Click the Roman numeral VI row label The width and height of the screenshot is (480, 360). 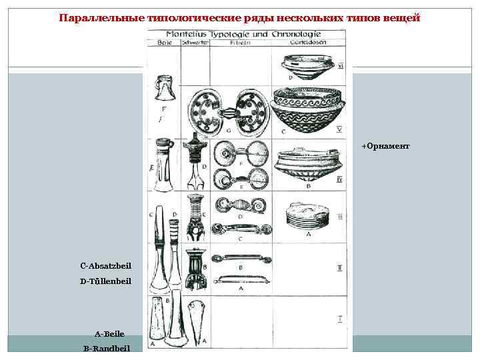(341, 67)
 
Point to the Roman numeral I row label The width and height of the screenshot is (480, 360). (340, 320)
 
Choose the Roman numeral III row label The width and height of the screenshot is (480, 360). (339, 217)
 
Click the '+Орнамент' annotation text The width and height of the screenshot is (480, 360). (385, 145)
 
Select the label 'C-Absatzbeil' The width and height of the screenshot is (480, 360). (107, 265)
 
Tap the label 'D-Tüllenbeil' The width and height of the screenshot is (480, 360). (106, 281)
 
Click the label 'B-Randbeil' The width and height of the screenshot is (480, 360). (107, 348)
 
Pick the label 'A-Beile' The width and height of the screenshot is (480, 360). (109, 333)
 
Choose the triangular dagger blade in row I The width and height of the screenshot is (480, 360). (199, 320)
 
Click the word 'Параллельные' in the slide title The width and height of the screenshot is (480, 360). (101, 17)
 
